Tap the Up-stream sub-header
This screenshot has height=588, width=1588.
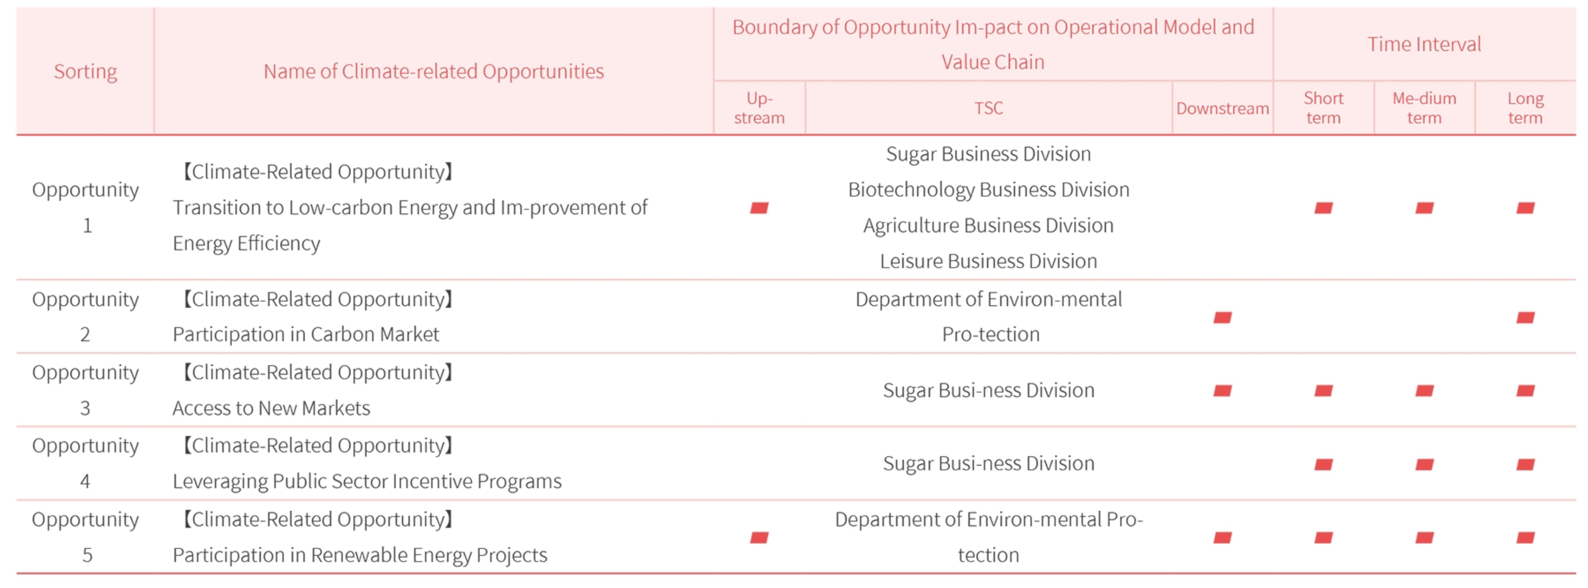tap(759, 108)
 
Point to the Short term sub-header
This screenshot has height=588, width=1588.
tap(1323, 108)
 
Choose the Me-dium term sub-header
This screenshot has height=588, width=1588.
tap(1424, 108)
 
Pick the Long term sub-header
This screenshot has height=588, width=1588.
tap(1525, 108)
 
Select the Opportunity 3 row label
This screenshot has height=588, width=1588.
tap(85, 390)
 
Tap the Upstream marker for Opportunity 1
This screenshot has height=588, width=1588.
tap(759, 208)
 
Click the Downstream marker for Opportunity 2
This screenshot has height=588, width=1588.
tap(1222, 318)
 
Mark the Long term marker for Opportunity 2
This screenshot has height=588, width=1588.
tap(1525, 318)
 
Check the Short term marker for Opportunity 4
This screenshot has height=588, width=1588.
tap(1323, 464)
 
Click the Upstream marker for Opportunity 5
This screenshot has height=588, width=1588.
tap(759, 537)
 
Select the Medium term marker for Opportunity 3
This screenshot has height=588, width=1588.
tap(1424, 390)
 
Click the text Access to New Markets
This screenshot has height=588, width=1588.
tap(271, 408)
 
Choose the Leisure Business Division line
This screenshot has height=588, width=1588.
tap(988, 261)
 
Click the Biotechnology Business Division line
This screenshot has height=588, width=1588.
tap(988, 189)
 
